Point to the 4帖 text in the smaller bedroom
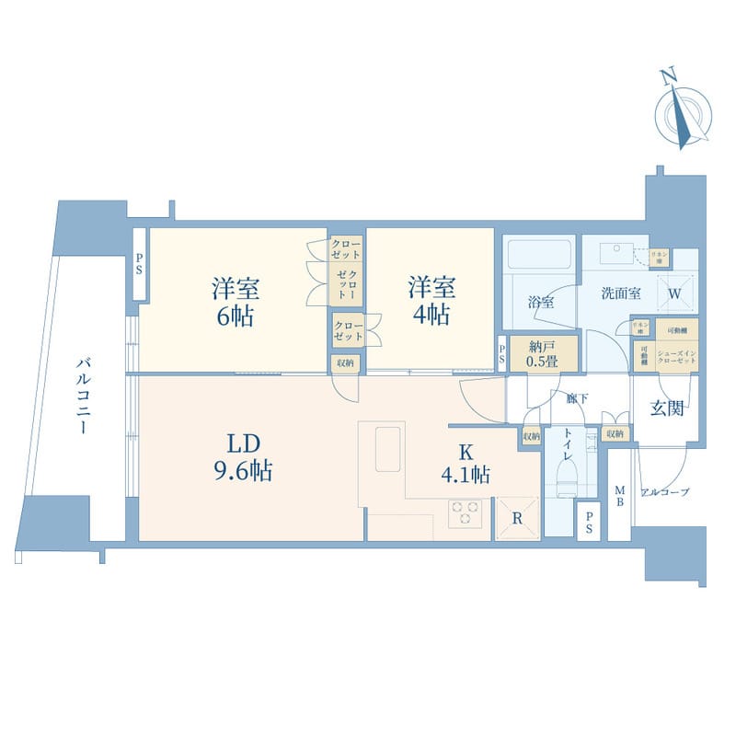point(431,316)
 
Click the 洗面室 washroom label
point(621,293)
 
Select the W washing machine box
point(675,293)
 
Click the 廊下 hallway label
point(577,399)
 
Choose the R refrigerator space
point(517,518)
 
